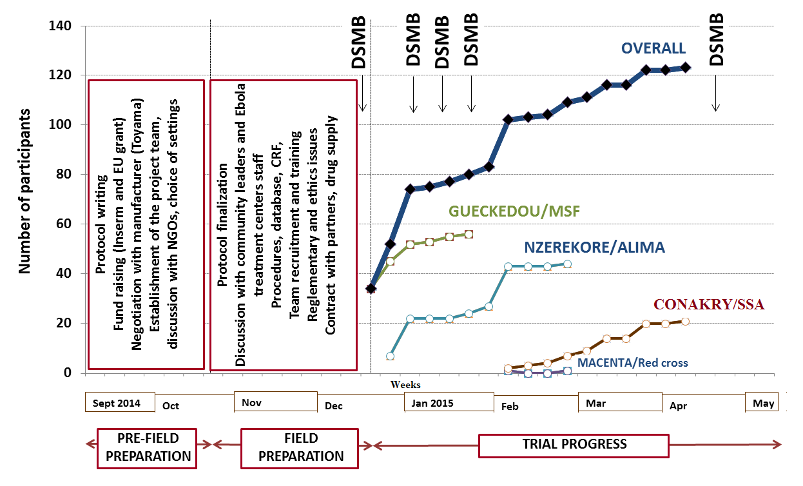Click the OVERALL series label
click(x=653, y=48)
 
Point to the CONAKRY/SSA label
click(x=709, y=304)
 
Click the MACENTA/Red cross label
click(x=632, y=363)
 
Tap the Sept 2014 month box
click(x=121, y=403)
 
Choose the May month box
click(x=762, y=403)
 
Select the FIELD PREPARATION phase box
click(x=301, y=447)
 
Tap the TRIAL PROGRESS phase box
click(x=574, y=445)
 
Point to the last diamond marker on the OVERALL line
click(x=685, y=67)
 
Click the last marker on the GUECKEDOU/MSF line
click(x=469, y=235)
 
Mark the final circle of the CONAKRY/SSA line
click(x=685, y=321)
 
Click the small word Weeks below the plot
click(x=405, y=385)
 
